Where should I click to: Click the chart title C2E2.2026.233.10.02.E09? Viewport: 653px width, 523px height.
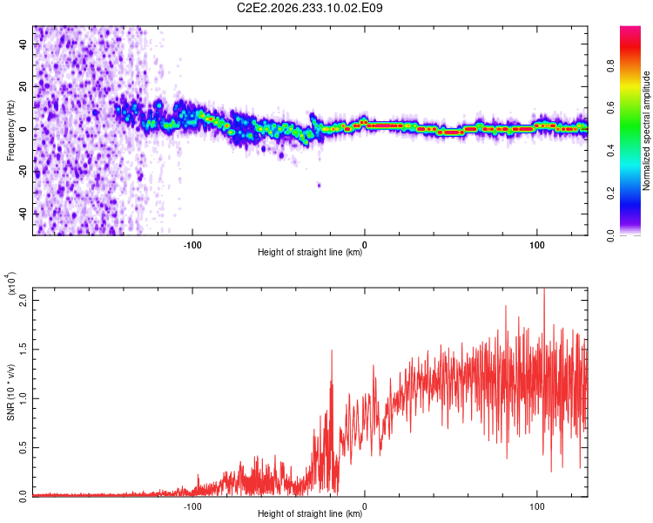coord(309,8)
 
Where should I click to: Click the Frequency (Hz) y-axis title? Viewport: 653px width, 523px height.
coord(10,131)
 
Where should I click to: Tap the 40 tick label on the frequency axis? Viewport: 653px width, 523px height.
coord(24,44)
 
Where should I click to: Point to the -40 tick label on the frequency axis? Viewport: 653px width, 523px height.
coord(24,214)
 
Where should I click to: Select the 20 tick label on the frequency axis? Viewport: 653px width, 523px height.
coord(24,86)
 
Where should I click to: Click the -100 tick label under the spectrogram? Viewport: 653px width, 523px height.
coord(192,245)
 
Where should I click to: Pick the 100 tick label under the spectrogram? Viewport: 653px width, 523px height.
coord(537,245)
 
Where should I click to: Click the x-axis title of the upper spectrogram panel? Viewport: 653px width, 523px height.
coord(310,252)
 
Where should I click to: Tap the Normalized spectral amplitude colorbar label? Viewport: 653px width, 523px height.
coord(646,131)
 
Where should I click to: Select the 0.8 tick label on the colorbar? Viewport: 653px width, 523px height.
coord(610,66)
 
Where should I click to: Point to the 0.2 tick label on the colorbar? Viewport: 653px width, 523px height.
coord(610,194)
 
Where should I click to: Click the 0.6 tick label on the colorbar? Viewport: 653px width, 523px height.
coord(610,108)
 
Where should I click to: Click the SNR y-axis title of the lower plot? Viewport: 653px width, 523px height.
coord(10,392)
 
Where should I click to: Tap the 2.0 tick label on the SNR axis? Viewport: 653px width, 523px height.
coord(24,300)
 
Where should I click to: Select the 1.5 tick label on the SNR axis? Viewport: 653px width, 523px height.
coord(24,350)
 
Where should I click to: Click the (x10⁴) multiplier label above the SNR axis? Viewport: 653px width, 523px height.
coord(10,283)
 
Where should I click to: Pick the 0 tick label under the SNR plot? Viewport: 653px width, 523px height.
coord(365,506)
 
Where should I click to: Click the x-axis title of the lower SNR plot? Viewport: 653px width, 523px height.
coord(310,513)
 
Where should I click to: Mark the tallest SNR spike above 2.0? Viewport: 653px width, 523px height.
coord(544,292)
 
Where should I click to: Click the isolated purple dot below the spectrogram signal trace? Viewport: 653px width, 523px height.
coord(319,185)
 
